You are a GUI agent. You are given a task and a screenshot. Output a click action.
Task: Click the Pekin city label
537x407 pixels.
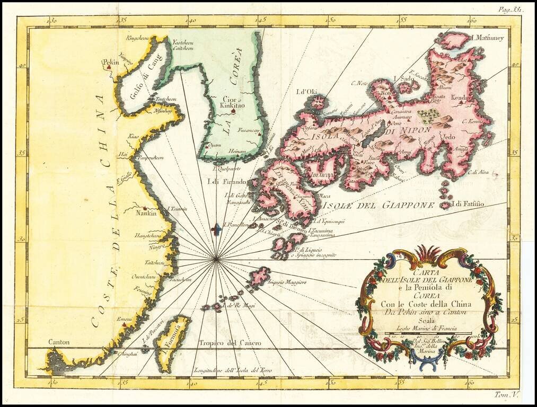coord(110,62)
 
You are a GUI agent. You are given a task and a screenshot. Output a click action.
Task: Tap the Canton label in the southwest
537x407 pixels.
coord(59,342)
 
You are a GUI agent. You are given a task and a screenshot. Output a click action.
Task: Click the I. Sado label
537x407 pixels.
coord(406,78)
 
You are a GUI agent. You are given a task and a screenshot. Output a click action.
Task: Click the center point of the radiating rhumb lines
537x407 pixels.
coord(216,259)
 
